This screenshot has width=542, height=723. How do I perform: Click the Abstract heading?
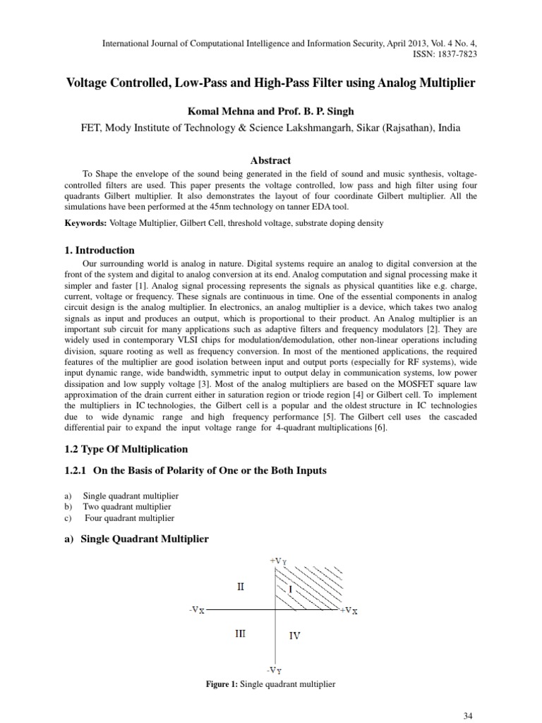271,160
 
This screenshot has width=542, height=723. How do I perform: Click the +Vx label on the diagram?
349,610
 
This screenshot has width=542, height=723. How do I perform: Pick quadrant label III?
241,633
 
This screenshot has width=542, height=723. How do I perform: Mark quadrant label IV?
295,635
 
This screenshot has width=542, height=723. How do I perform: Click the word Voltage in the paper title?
85,83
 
